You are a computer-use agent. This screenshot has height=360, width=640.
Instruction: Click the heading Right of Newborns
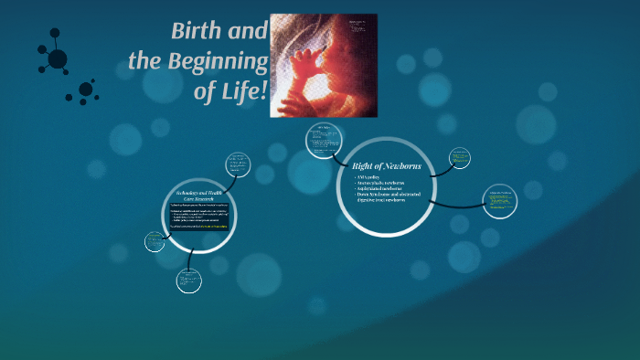(385, 165)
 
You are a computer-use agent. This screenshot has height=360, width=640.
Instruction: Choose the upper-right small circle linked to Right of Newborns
(461, 157)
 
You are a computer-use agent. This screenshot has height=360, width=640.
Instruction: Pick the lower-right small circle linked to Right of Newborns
(499, 202)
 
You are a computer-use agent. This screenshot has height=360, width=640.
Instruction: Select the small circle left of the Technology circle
(155, 241)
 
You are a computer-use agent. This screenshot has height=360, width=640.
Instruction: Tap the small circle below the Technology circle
(188, 281)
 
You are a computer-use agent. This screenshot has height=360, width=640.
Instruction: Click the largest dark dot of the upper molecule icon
(58, 59)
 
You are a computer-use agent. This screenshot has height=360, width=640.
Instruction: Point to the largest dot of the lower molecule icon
(86, 90)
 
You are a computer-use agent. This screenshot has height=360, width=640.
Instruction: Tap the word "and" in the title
(248, 31)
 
